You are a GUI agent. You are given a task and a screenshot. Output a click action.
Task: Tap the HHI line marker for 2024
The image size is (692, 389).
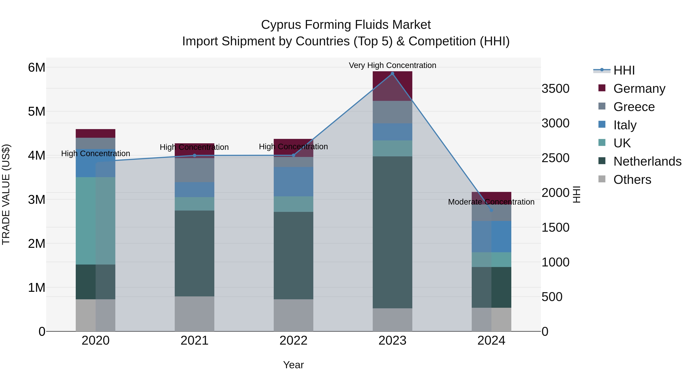491,210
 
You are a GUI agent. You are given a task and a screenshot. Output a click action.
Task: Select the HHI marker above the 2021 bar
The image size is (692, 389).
195,155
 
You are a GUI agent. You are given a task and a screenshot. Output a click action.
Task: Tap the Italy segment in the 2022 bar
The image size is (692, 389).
293,182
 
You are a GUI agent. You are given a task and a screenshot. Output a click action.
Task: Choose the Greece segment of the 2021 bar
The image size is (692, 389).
195,170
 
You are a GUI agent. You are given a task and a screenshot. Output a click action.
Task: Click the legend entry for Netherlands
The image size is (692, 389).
647,161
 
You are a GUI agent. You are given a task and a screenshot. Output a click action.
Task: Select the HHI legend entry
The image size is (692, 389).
624,70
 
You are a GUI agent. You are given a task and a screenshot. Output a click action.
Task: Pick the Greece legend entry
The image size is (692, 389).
634,107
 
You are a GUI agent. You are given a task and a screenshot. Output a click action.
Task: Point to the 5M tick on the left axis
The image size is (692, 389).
37,111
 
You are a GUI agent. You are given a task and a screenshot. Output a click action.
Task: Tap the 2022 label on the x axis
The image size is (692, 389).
293,341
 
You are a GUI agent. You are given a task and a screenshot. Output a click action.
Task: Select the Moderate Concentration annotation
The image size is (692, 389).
491,202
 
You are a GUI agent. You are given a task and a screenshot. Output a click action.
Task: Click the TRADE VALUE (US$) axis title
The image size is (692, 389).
6,194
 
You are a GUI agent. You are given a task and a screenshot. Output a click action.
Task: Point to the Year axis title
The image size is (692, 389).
293,365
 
